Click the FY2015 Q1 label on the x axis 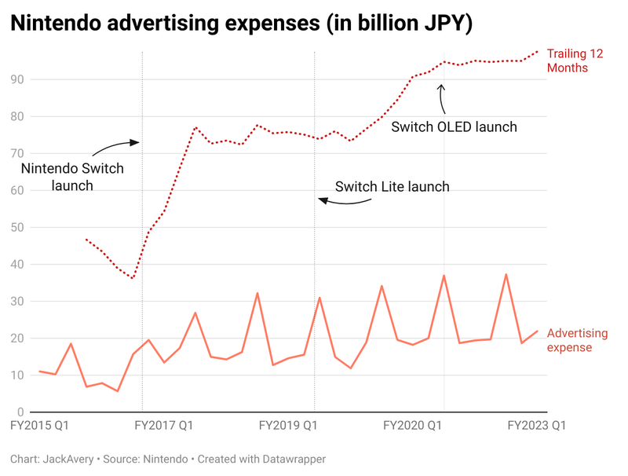pyautogui.click(x=38, y=425)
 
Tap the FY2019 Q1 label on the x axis pyautogui.click(x=288, y=425)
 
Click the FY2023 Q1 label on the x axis pyautogui.click(x=537, y=425)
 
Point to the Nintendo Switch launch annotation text pyautogui.click(x=72, y=177)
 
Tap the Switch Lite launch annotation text pyautogui.click(x=392, y=187)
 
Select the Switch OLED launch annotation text pyautogui.click(x=454, y=126)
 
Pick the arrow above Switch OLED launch pyautogui.click(x=442, y=97)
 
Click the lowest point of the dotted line pyautogui.click(x=133, y=278)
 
